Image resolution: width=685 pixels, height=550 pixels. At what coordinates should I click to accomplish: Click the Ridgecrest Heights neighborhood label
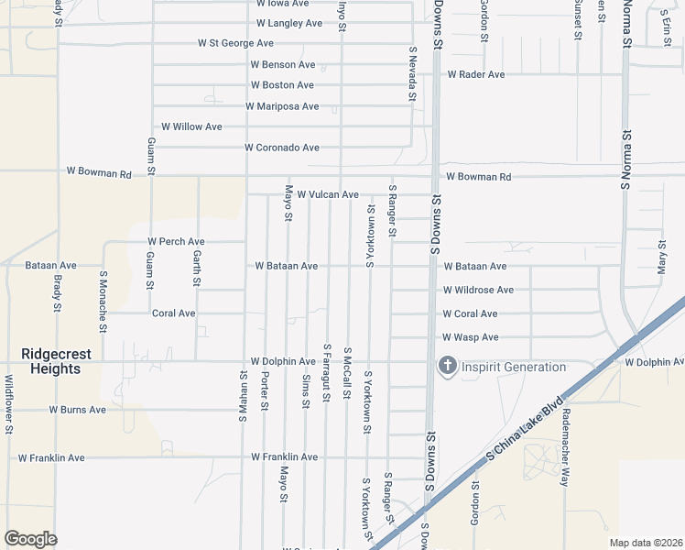50,360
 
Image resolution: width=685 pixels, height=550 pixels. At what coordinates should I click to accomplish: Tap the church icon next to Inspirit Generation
448,367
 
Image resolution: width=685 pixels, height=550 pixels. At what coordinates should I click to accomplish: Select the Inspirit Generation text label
514,368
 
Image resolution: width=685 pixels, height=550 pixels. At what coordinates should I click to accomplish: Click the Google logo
30,539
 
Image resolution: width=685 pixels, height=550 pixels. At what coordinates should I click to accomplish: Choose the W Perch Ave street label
176,242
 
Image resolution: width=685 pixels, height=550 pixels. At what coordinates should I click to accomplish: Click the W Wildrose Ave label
478,290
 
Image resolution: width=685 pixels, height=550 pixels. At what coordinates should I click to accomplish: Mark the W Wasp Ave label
471,337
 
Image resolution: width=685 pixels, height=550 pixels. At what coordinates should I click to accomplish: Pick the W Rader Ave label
475,74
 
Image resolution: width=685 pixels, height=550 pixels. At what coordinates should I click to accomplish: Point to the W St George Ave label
235,43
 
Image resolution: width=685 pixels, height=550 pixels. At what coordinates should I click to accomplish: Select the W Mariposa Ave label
282,106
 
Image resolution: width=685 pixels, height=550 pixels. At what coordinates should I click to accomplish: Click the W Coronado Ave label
281,148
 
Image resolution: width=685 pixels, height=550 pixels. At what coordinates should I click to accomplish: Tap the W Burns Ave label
77,410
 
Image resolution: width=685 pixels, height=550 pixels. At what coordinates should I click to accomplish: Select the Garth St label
196,268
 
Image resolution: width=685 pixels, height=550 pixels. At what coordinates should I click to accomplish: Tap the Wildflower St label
8,404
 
